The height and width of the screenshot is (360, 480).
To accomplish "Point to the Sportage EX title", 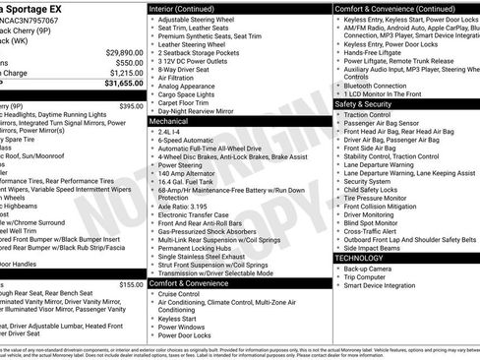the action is (x=39, y=8).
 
